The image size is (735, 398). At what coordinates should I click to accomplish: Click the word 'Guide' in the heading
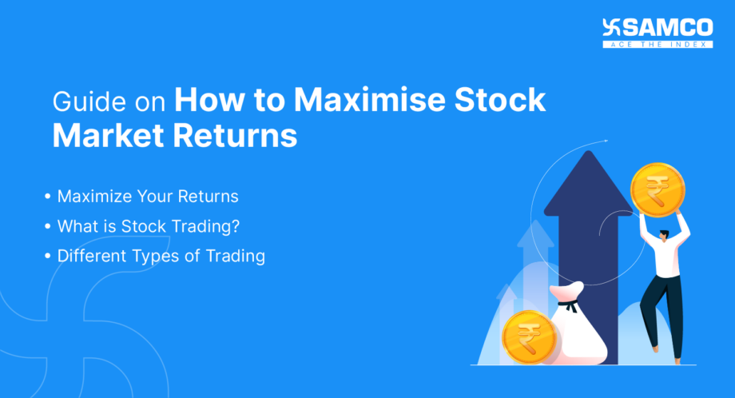pyautogui.click(x=83, y=102)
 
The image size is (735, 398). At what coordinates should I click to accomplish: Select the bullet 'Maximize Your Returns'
pyautogui.click(x=148, y=197)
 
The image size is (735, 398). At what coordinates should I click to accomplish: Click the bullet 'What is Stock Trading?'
pyautogui.click(x=149, y=226)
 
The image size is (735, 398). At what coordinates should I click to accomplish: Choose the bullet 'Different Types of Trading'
pyautogui.click(x=161, y=257)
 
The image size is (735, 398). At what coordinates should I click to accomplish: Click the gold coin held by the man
pyautogui.click(x=657, y=190)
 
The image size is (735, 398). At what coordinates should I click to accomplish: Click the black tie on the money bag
pyautogui.click(x=569, y=304)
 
